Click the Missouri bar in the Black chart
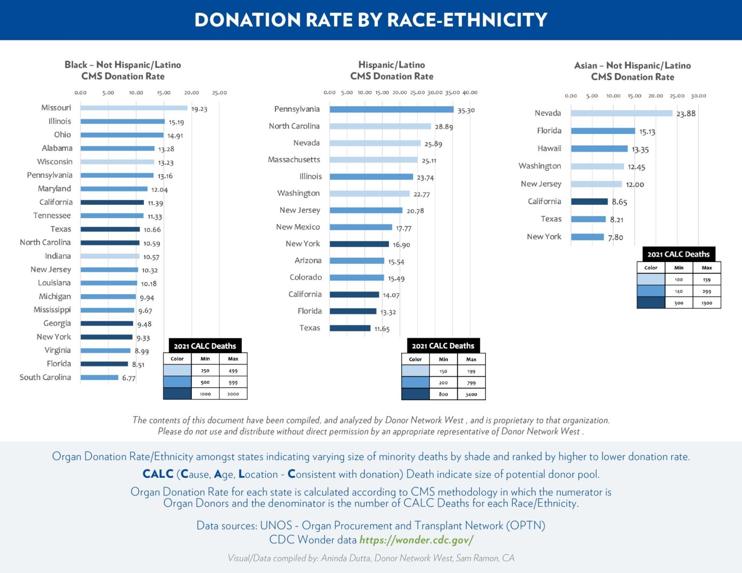(134, 108)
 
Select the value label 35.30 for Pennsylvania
(466, 111)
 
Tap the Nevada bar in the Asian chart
(621, 113)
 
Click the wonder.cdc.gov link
(416, 540)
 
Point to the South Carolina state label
(45, 377)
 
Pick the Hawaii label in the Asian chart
(549, 149)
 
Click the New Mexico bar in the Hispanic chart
(361, 227)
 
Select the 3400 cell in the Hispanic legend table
(471, 394)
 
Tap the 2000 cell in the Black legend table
(233, 394)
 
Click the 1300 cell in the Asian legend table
(707, 303)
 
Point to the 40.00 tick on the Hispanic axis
(470, 93)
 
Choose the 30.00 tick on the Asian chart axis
(698, 96)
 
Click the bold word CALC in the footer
(157, 474)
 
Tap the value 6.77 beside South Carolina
(128, 378)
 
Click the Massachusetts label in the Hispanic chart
(294, 160)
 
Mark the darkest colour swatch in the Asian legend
(651, 303)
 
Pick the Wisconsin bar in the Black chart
(117, 162)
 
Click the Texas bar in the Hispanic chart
(350, 328)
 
